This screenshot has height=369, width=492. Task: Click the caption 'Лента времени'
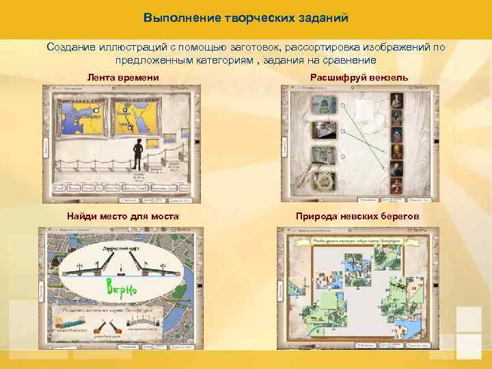tap(123, 78)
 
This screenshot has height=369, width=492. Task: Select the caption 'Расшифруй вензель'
tap(359, 78)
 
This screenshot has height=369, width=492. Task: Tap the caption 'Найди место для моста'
tap(123, 217)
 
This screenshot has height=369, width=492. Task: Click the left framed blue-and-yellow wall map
tap(79, 118)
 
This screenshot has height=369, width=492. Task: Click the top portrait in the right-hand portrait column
tap(396, 102)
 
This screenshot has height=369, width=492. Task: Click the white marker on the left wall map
tap(97, 109)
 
